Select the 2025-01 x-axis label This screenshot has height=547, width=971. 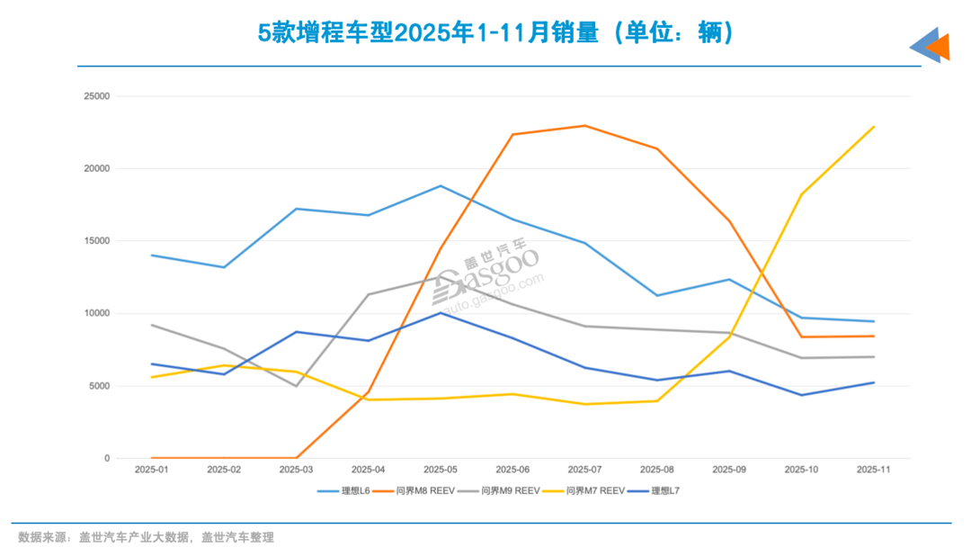(x=151, y=470)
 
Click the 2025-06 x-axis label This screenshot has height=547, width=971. (x=512, y=470)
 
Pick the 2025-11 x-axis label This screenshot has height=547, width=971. (x=873, y=470)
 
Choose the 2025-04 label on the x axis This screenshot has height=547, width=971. (x=368, y=470)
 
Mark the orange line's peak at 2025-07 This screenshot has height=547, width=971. (x=584, y=126)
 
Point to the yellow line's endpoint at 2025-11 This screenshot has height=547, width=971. (x=873, y=127)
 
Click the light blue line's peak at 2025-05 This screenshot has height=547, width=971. (x=441, y=186)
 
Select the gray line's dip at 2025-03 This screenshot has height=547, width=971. (x=296, y=386)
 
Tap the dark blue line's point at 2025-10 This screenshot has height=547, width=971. (x=801, y=395)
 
